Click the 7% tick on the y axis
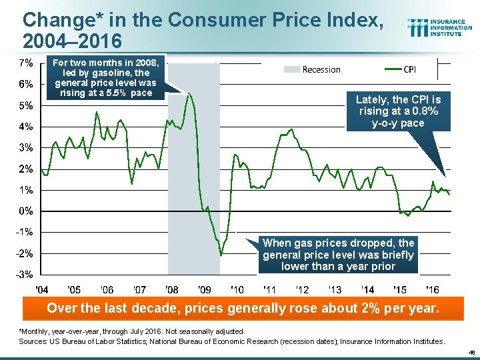(x=27, y=63)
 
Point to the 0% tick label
(x=27, y=211)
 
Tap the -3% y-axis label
(x=25, y=275)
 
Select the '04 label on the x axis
(x=41, y=290)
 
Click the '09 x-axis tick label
(x=205, y=290)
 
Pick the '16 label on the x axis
(x=432, y=290)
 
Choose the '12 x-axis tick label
(x=302, y=290)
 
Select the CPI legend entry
(x=403, y=69)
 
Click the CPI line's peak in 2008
(x=190, y=93)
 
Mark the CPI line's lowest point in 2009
(x=221, y=255)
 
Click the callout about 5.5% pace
(x=106, y=78)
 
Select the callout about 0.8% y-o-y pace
(x=399, y=111)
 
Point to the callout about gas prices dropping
(x=338, y=255)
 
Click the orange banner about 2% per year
(x=243, y=309)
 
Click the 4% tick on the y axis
(x=27, y=127)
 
